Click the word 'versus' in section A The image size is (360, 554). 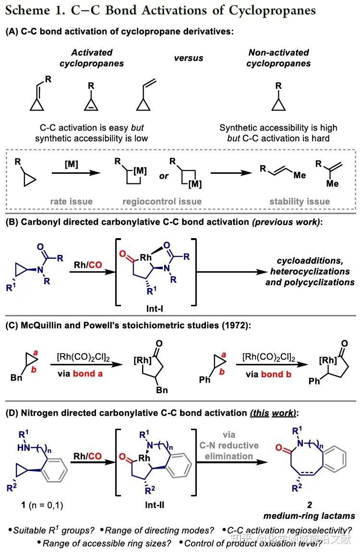[x=188, y=58]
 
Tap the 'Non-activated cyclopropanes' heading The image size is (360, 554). [x=278, y=58]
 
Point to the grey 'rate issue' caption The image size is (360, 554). [x=71, y=201]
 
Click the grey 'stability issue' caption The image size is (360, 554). [x=300, y=201]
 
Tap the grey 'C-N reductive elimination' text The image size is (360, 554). [x=229, y=445]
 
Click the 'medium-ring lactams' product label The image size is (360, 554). [x=309, y=516]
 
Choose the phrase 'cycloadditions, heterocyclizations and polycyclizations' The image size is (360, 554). [x=310, y=272]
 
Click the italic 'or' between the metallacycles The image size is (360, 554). [x=164, y=176]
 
